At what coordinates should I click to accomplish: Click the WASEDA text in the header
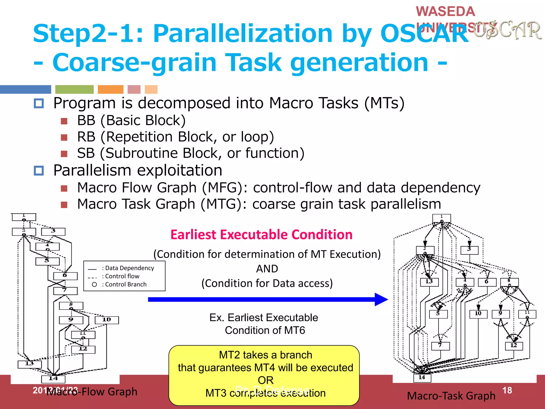445,11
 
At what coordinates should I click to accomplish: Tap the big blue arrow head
381,300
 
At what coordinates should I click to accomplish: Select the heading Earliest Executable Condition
261,235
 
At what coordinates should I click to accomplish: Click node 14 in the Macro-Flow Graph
53,378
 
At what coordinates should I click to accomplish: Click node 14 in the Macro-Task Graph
422,378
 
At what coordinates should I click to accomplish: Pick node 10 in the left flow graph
107,320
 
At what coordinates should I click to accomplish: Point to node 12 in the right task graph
514,346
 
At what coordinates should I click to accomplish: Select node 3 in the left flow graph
53,231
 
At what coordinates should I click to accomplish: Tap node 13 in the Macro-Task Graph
429,282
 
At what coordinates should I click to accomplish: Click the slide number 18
507,390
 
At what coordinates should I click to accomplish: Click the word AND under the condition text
267,269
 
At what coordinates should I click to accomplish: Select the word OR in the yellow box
265,380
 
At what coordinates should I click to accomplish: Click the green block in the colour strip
74,89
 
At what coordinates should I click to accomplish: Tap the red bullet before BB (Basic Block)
64,121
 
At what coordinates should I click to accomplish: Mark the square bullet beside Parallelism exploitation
39,170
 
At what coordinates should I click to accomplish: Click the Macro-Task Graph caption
451,396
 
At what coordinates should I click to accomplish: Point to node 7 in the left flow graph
65,291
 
